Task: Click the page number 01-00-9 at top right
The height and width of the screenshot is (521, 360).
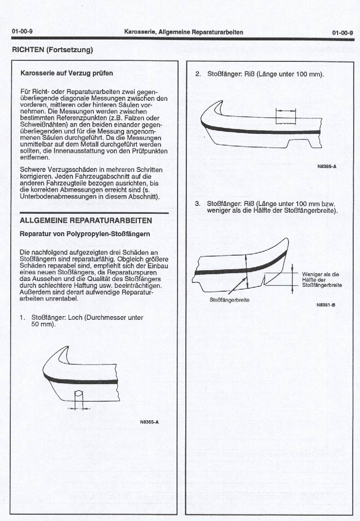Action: (x=342, y=32)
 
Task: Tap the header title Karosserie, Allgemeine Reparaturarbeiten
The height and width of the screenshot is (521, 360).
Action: (x=183, y=32)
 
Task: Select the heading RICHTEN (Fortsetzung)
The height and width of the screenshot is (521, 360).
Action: (x=52, y=50)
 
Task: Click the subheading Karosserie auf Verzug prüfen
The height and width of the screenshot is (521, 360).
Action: (x=67, y=73)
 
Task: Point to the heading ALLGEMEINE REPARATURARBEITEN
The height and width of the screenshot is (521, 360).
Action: (x=86, y=221)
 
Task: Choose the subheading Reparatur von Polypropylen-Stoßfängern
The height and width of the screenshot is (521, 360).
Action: (x=84, y=234)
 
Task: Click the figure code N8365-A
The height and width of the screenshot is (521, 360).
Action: (x=149, y=422)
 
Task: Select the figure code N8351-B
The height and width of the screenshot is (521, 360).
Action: (x=326, y=304)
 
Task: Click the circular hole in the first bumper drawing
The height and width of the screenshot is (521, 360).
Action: (x=78, y=395)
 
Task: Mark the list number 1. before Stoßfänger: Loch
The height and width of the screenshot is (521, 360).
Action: (x=22, y=317)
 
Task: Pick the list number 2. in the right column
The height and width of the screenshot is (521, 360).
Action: (x=198, y=74)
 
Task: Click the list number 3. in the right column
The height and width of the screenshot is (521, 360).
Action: (x=198, y=204)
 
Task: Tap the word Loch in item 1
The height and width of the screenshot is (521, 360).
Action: (x=76, y=317)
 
